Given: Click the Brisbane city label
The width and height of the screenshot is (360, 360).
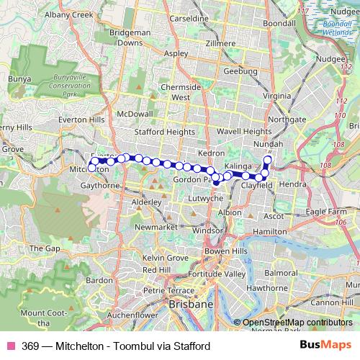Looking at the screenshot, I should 190,305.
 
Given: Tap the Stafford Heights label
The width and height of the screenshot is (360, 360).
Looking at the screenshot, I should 164,132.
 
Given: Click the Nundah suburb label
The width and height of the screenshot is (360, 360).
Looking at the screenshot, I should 270,145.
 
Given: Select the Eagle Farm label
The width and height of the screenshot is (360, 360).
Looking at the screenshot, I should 326,212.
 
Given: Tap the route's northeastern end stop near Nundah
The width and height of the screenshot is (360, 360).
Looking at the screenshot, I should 269,159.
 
